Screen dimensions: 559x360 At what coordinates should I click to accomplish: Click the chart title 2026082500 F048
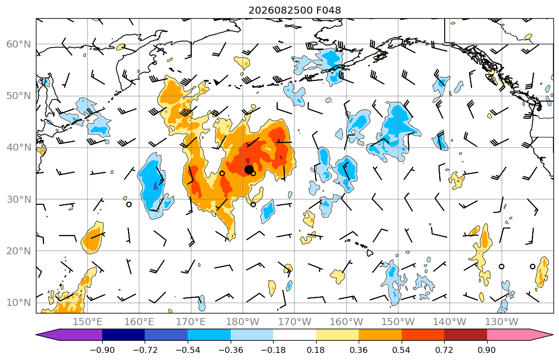tap(294, 10)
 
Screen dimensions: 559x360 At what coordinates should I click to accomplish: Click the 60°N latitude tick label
tap(19, 44)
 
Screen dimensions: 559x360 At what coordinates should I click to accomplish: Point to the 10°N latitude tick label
tap(19, 303)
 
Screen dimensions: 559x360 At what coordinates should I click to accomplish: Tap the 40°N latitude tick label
tap(19, 148)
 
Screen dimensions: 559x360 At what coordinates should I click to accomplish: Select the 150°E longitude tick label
tap(88, 322)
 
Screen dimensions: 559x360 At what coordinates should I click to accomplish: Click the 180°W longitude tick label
tap(243, 322)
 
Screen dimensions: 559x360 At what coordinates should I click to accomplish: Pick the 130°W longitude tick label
tap(502, 322)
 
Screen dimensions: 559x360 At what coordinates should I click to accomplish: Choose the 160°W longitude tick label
tap(346, 322)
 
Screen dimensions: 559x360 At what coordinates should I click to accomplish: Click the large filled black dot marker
tap(249, 170)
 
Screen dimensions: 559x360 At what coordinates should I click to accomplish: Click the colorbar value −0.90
tap(102, 350)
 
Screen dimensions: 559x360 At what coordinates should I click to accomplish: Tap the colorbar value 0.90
tap(487, 350)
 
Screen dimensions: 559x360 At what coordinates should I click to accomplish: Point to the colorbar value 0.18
tap(316, 350)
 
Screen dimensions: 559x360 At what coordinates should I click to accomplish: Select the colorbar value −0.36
tap(231, 350)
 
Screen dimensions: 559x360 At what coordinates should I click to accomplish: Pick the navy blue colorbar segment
tap(124, 335)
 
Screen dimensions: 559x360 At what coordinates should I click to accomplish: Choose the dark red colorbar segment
tap(465, 335)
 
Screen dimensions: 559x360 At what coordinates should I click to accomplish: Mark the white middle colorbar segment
tap(294, 335)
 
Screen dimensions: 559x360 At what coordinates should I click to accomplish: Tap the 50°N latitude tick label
tap(19, 96)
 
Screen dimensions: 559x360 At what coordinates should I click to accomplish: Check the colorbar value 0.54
tap(402, 350)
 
